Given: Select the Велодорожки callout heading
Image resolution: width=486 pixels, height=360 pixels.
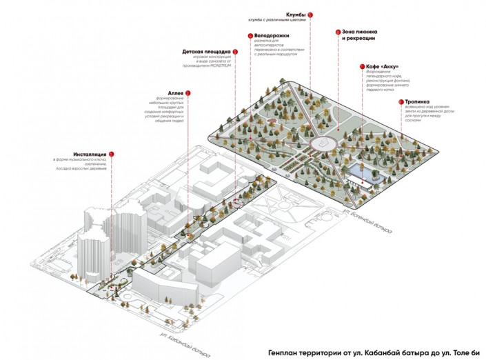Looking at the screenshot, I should pyautogui.click(x=271, y=35).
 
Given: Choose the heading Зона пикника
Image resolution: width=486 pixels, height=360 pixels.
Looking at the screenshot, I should pyautogui.click(x=358, y=32).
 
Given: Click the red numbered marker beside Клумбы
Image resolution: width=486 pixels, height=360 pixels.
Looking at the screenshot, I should pyautogui.click(x=310, y=14).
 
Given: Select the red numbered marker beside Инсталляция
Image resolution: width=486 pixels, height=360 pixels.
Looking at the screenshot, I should pyautogui.click(x=111, y=154).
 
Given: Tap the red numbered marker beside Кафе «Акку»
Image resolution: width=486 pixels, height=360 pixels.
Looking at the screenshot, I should pyautogui.click(x=360, y=67).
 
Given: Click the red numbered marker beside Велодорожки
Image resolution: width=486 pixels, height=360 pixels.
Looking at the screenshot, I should pyautogui.click(x=250, y=35).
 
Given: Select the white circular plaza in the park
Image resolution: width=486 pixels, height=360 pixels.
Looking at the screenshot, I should pyautogui.click(x=321, y=143).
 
